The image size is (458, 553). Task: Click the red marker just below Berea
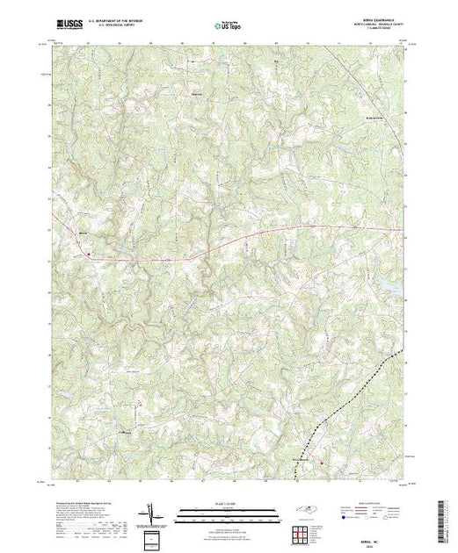(x=90, y=255)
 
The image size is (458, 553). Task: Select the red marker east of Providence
(x=322, y=463)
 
